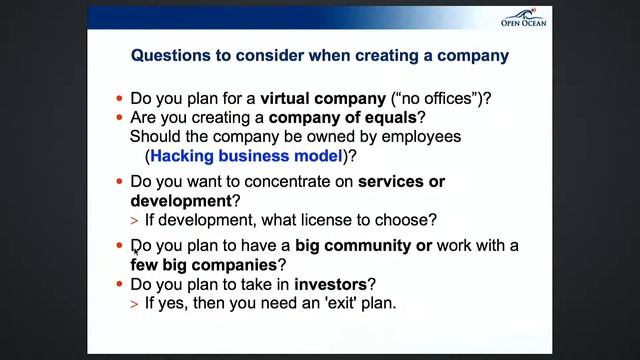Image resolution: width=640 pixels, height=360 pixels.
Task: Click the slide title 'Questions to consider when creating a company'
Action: pyautogui.click(x=320, y=56)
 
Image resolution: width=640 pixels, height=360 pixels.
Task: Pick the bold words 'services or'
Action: pyautogui.click(x=401, y=182)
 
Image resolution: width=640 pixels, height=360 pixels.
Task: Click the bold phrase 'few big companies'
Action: pyautogui.click(x=203, y=265)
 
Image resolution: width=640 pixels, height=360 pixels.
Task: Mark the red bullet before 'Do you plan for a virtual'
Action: pyautogui.click(x=120, y=99)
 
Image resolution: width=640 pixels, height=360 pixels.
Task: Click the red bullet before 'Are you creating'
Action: pyautogui.click(x=120, y=118)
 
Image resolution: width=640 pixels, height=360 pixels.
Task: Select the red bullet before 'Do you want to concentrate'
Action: pyautogui.click(x=120, y=182)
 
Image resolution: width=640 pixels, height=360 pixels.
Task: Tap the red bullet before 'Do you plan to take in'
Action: pyautogui.click(x=120, y=284)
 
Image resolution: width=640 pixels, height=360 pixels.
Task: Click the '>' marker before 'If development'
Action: pyautogui.click(x=135, y=220)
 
